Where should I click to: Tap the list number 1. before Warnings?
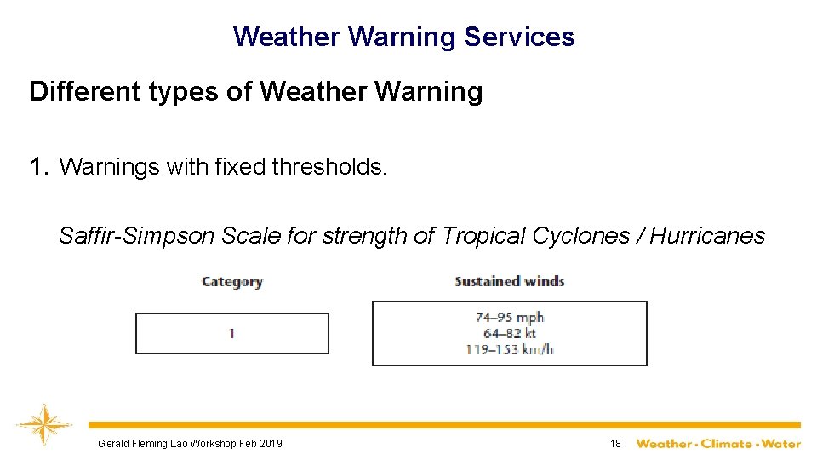[39, 166]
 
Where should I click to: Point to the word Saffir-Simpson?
[136, 235]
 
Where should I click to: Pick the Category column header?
[231, 282]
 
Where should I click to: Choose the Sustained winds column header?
[509, 281]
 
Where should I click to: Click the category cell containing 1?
[231, 333]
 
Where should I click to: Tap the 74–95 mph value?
[509, 318]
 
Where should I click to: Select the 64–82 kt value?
[509, 333]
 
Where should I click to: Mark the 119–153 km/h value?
[509, 348]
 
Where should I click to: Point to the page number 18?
[615, 443]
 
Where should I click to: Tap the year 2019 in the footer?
[271, 443]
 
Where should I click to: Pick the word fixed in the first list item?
[241, 166]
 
